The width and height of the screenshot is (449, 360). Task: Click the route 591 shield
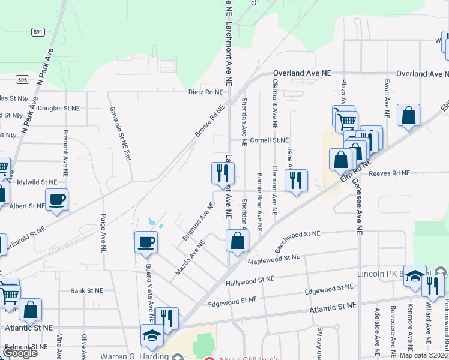[38, 32]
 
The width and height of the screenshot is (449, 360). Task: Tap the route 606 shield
[22, 79]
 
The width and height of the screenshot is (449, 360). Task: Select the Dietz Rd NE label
[205, 92]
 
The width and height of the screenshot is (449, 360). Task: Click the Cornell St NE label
[270, 140]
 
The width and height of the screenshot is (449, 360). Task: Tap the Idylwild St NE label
[37, 181]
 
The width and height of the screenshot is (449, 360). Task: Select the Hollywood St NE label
[249, 281]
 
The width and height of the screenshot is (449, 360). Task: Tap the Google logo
[20, 353]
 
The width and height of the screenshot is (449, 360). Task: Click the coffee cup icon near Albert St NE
[57, 200]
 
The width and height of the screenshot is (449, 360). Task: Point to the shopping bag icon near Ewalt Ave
[408, 116]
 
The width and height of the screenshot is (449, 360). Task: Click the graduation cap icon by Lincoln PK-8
[415, 276]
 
